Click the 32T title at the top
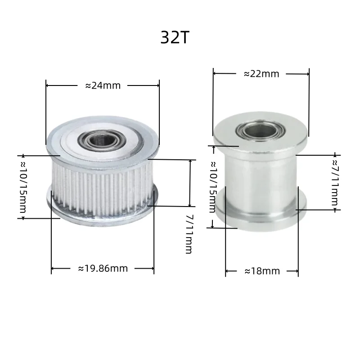tap(175, 37)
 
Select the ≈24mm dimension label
tap(103, 85)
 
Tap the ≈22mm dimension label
tap(261, 74)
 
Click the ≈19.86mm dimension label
tap(103, 268)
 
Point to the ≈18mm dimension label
tap(262, 271)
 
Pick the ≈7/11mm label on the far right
tap(335, 183)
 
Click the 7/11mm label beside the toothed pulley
tap(189, 234)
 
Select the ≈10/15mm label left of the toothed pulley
tap(23, 187)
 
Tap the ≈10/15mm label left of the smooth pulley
tap(213, 187)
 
